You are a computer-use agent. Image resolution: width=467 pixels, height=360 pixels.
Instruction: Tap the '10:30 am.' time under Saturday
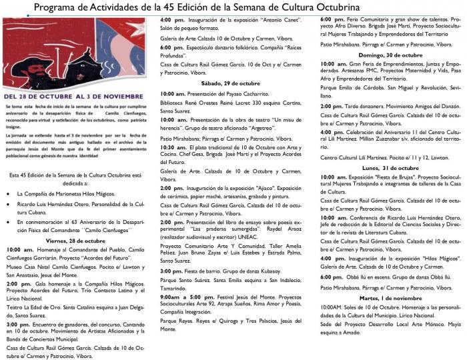(x=173, y=147)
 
